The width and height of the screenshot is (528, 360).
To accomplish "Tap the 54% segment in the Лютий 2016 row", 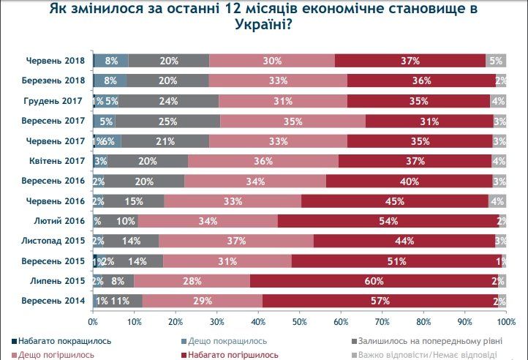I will [x=388, y=221].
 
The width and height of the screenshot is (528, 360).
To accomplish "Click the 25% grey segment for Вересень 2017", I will [x=167, y=121].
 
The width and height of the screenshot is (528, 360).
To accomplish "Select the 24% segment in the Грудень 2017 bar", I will [x=168, y=101].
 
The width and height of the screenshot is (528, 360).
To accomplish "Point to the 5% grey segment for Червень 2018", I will [x=496, y=61].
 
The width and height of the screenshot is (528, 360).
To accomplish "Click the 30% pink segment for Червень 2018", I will [x=272, y=61].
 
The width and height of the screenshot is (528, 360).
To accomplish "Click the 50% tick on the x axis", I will [x=299, y=320].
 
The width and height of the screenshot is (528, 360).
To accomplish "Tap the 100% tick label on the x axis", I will [x=505, y=320].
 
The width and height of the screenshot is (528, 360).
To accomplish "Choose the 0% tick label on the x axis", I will [x=93, y=320].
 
